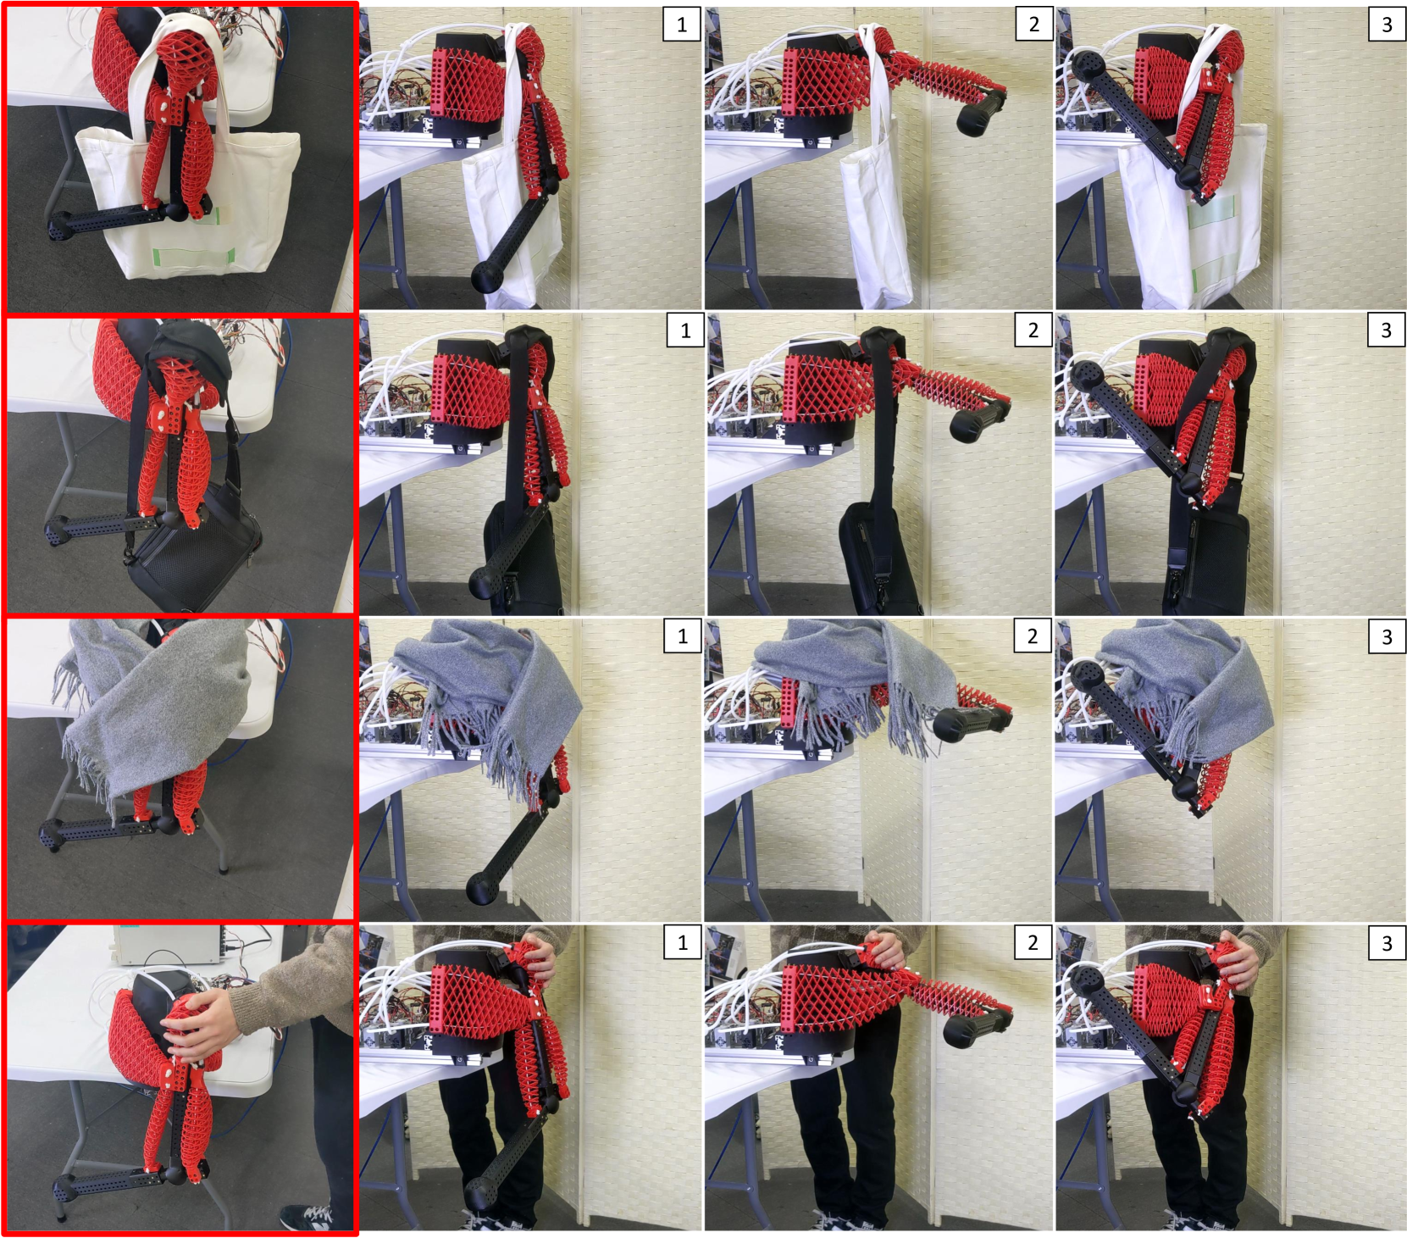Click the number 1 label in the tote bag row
click(x=682, y=25)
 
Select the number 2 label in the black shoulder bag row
click(x=1033, y=330)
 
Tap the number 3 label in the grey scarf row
click(x=1387, y=636)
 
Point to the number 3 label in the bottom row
click(x=1387, y=942)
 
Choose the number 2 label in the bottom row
click(x=1033, y=942)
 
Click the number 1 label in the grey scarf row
click(x=683, y=636)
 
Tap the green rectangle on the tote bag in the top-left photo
click(x=193, y=256)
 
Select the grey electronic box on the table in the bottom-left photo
click(x=169, y=945)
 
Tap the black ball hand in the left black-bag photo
click(x=58, y=532)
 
